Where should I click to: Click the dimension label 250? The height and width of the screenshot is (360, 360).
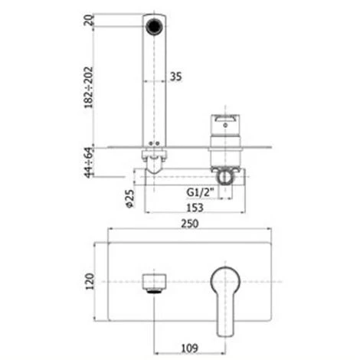[190, 224]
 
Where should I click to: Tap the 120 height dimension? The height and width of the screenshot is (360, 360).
[90, 281]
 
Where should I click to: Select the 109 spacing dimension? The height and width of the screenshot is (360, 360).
[190, 348]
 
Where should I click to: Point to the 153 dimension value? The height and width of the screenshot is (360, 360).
[195, 208]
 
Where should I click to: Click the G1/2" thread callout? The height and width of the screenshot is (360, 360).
[200, 192]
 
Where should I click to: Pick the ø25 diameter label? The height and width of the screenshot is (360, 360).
[129, 198]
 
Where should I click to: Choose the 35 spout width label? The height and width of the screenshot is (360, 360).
[176, 77]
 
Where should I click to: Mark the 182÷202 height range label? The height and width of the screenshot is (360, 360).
[89, 87]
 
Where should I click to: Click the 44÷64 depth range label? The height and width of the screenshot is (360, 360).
[89, 162]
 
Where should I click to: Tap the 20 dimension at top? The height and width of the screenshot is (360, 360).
[89, 20]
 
